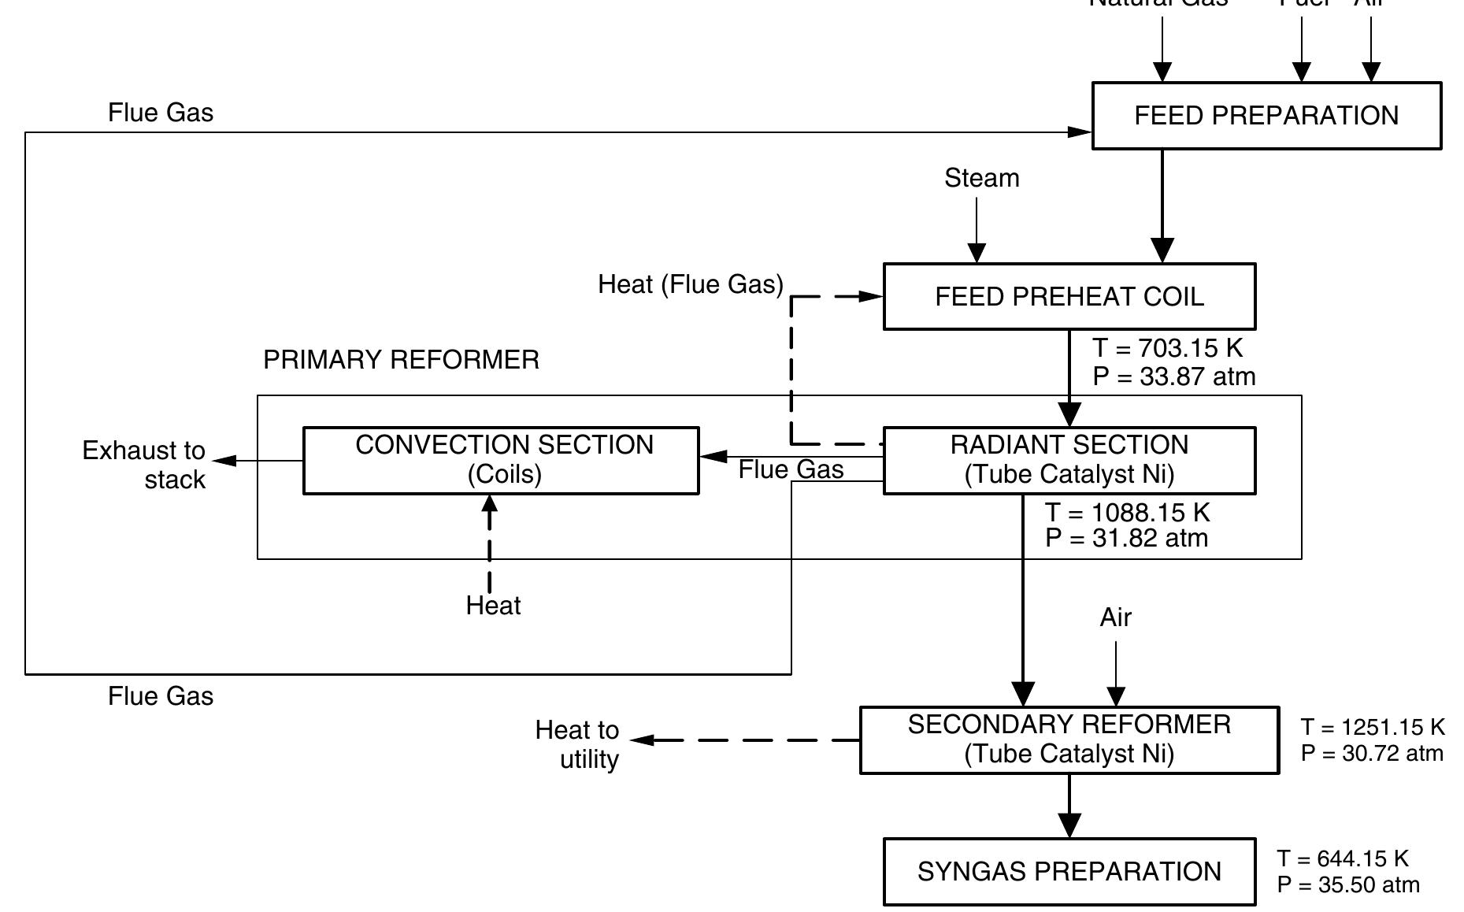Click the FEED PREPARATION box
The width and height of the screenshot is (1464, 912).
[x=1266, y=116]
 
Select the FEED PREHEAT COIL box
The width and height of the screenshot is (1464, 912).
[x=1069, y=297]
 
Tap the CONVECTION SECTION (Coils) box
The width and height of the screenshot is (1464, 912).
[x=501, y=461]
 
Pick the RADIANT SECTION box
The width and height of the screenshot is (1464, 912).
[x=1069, y=461]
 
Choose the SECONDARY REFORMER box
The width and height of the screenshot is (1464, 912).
[x=1069, y=740]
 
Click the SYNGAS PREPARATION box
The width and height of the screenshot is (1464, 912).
[x=1069, y=872]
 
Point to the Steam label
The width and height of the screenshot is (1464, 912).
[x=981, y=179]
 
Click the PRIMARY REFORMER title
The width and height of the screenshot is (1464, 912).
[x=401, y=360]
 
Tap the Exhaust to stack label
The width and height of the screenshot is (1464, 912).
[x=144, y=465]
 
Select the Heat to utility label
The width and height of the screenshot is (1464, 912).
[x=577, y=744]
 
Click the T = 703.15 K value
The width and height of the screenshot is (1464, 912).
[x=1167, y=348]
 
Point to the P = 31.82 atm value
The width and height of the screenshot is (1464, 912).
[x=1126, y=539]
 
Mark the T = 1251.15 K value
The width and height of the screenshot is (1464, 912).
[x=1373, y=727]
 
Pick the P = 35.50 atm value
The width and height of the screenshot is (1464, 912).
[x=1348, y=885]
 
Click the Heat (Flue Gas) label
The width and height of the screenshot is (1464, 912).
[x=691, y=284]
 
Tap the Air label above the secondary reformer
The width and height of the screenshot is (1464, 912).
[x=1115, y=618]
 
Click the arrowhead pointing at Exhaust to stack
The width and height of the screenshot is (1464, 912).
[x=224, y=461]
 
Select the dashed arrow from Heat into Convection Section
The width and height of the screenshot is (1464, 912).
[x=490, y=543]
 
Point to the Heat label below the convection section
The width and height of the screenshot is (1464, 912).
[x=493, y=606]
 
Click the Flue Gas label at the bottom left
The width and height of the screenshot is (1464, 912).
[x=161, y=696]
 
